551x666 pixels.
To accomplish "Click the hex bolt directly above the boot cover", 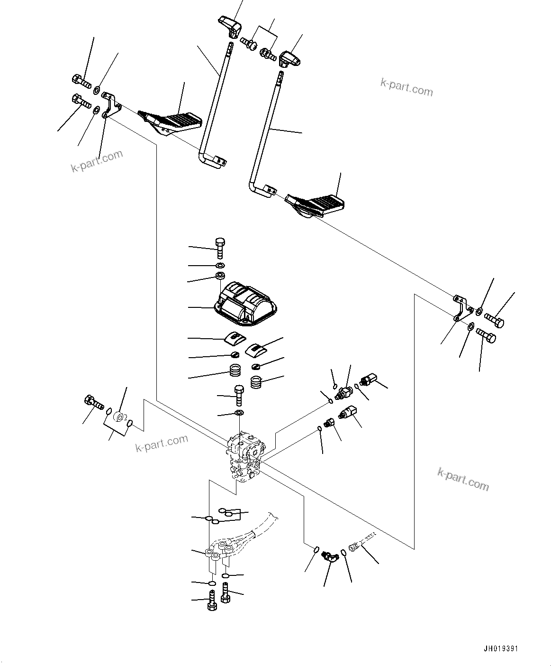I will [220, 247].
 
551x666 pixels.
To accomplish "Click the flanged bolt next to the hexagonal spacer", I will [93, 403].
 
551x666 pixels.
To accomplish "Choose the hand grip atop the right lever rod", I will [289, 59].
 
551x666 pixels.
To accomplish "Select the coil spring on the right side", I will [256, 381].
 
